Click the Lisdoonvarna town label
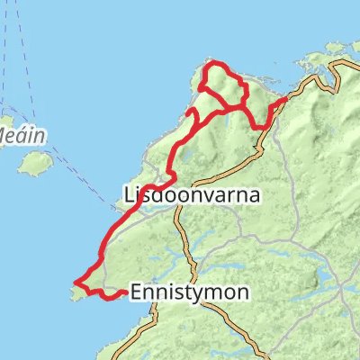[x=192, y=193]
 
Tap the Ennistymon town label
[x=184, y=292]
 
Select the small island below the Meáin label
[x=36, y=164]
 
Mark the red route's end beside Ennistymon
[x=123, y=292]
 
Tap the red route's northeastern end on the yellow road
[x=285, y=98]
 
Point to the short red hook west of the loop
[x=192, y=112]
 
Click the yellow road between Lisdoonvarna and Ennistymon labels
[x=184, y=243]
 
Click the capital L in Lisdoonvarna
[x=128, y=193]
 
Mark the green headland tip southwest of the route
[x=74, y=290]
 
